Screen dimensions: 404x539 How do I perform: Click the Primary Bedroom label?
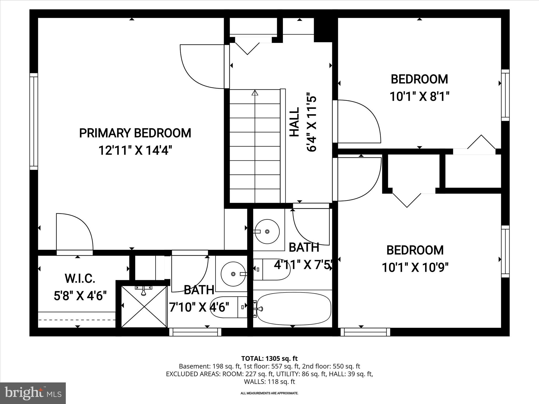click(x=135, y=133)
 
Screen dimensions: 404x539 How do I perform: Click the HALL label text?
click(x=295, y=122)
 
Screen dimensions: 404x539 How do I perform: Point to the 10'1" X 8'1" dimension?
click(x=419, y=97)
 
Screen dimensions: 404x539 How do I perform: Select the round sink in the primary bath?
click(x=233, y=274)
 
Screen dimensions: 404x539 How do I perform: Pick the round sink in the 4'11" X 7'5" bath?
click(x=267, y=231)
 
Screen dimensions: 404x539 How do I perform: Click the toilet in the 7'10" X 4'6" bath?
click(x=226, y=307)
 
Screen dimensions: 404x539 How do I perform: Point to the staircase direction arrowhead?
click(x=254, y=93)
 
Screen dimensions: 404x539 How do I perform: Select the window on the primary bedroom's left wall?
click(x=34, y=122)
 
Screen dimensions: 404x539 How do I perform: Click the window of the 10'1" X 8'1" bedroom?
click(x=505, y=95)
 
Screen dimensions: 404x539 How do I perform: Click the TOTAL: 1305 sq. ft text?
click(x=269, y=358)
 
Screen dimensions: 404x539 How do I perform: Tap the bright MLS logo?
click(x=33, y=393)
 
